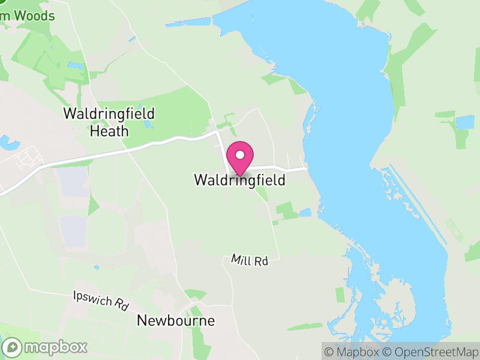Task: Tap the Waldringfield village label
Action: [239, 179]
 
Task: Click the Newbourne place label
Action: [176, 320]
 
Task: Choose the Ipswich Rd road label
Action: [100, 299]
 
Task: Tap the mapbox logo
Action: [46, 347]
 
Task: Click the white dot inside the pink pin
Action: [240, 155]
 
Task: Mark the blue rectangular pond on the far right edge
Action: [464, 122]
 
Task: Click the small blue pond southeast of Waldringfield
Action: [305, 212]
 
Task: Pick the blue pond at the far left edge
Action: [8, 143]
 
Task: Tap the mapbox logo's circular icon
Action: [13, 347]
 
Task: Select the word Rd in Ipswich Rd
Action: [121, 305]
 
